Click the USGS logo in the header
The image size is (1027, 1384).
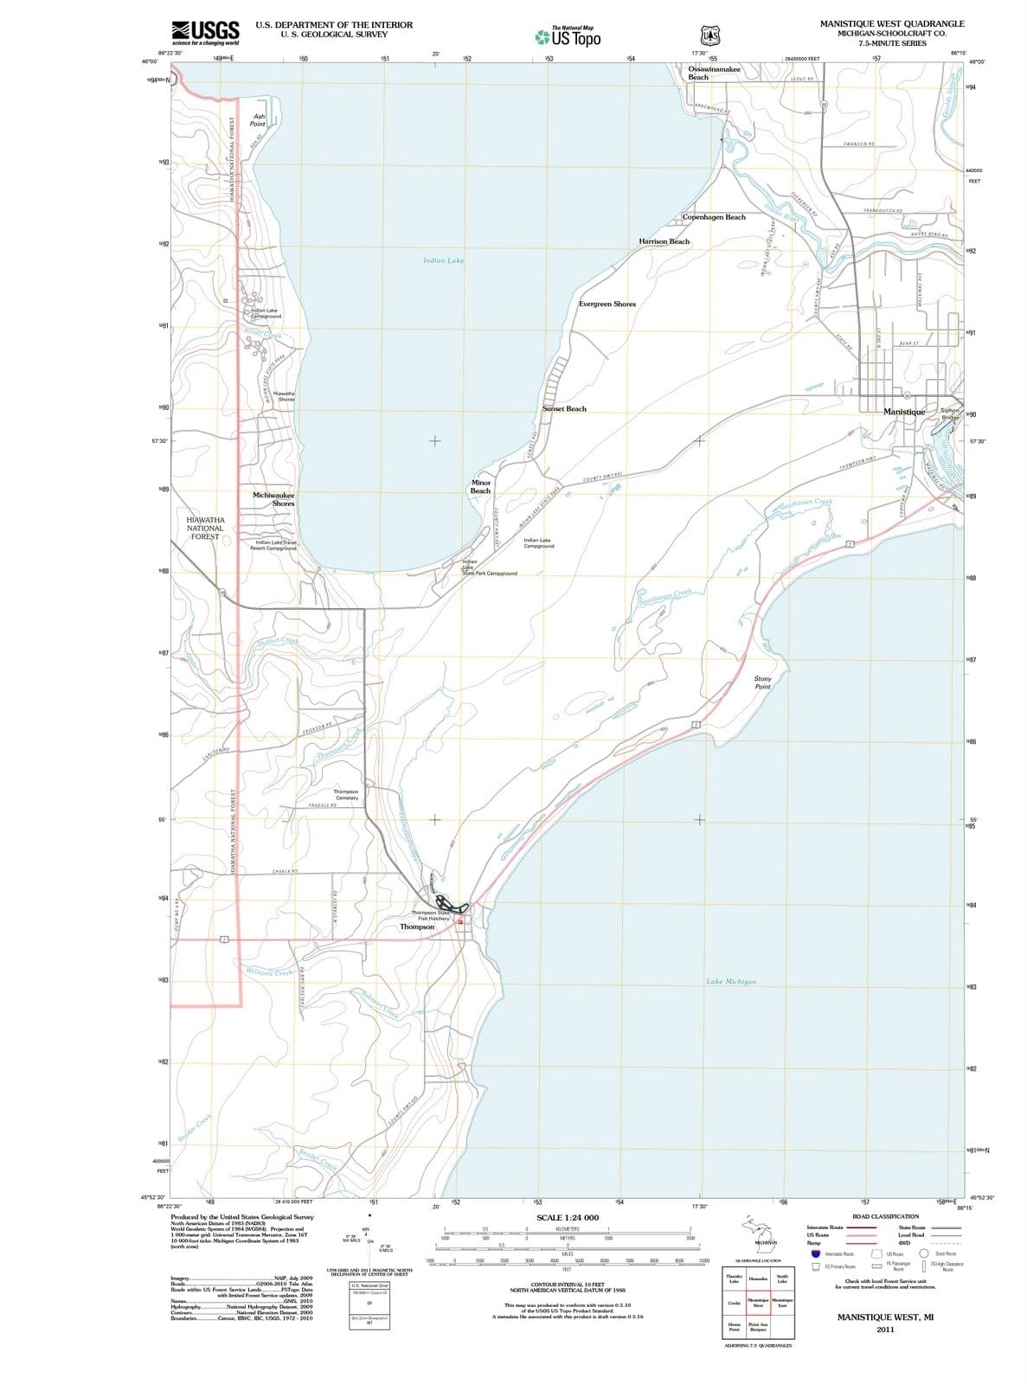(205, 32)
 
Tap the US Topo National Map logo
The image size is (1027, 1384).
(568, 36)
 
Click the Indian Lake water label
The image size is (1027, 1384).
(443, 260)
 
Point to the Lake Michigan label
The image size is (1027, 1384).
(731, 982)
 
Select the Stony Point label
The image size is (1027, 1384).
(762, 682)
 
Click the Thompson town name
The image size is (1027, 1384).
(417, 926)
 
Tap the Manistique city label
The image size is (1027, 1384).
(904, 412)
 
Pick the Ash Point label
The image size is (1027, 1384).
(258, 119)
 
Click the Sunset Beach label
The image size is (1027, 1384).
(564, 409)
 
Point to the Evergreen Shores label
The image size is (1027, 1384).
(607, 304)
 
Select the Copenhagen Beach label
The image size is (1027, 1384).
(714, 217)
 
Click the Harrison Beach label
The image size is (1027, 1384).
(664, 241)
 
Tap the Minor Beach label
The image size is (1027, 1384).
(480, 487)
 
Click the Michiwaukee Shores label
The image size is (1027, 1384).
(274, 499)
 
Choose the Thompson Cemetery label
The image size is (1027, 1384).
(345, 794)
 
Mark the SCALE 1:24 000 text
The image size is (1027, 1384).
(568, 1217)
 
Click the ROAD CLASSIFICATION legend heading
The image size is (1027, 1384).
(885, 1216)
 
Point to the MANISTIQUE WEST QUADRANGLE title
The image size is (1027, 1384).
(891, 23)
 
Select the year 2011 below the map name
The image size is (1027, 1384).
(884, 1330)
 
